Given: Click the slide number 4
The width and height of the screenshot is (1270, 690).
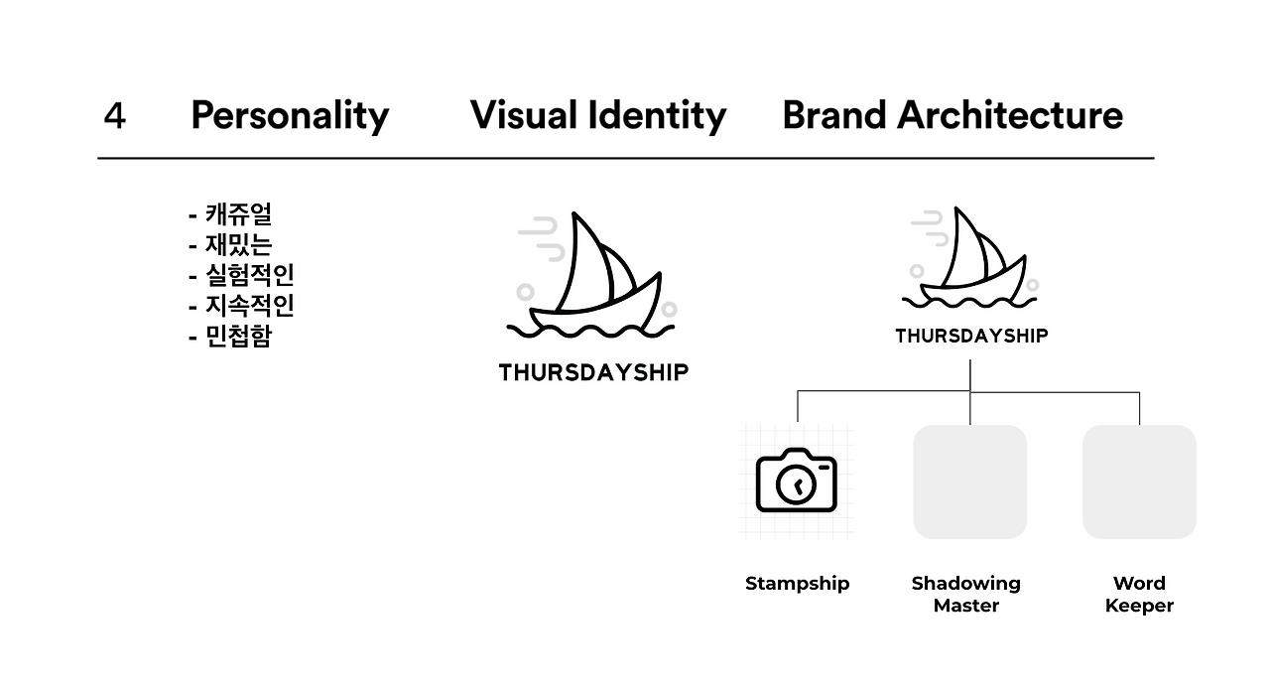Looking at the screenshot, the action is point(114,116).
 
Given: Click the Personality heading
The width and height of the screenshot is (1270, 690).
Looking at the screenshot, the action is point(290,116).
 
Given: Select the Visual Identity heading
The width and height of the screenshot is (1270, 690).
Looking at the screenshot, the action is point(598,116).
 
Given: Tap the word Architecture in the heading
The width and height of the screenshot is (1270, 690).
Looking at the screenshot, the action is point(1010,116).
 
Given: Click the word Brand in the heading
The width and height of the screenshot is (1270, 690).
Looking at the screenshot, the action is point(833,116).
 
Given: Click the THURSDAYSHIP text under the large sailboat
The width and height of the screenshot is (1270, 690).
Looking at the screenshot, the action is point(593,373).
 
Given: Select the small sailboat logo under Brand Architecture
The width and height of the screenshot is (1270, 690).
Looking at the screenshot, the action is point(970,260).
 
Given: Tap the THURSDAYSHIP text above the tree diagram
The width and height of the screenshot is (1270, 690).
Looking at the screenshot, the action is point(971,337).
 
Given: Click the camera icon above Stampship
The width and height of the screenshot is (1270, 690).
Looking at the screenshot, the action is point(796,481).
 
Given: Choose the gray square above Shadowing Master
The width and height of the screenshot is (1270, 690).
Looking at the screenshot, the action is point(969,482).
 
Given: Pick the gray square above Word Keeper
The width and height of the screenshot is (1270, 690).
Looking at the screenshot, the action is point(1139,482).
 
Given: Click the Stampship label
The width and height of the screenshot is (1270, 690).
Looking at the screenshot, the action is point(797,584).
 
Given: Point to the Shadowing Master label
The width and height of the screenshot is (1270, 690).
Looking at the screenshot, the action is point(966,594).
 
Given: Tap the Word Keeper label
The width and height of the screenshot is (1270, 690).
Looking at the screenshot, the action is point(1139,594).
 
